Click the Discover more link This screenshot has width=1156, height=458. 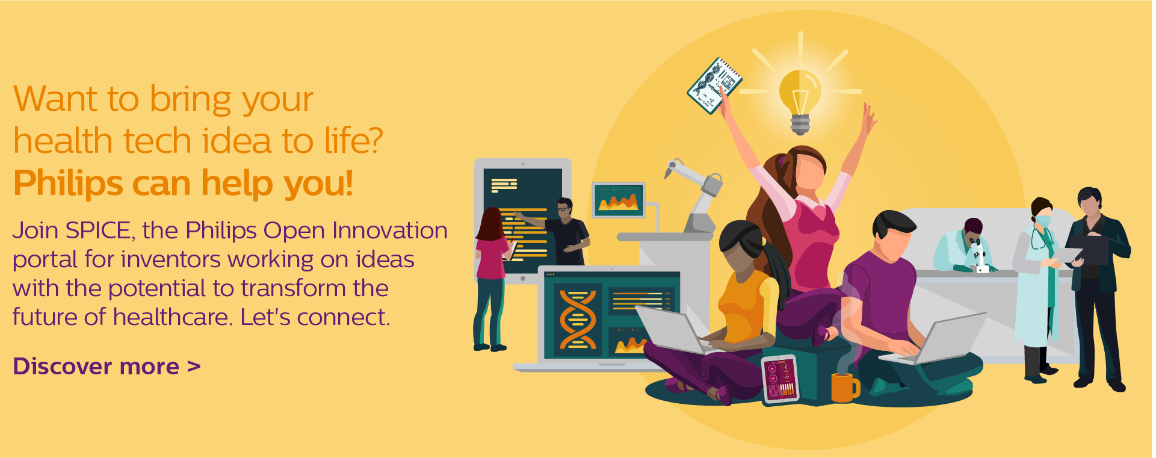[x=107, y=366]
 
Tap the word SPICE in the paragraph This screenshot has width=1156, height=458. [x=98, y=231]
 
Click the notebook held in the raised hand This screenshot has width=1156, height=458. [x=715, y=85]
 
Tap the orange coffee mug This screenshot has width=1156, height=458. [x=845, y=387]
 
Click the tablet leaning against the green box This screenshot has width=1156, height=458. [x=780, y=379]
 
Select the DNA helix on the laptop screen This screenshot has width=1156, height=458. [x=578, y=320]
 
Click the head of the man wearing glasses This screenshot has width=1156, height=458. [x=564, y=208]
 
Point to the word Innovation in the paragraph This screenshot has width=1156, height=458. [x=390, y=231]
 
